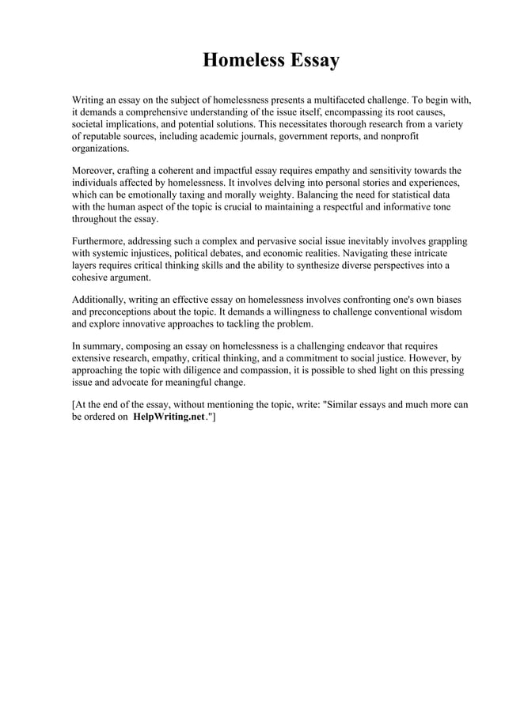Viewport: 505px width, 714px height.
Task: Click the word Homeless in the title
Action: [240, 60]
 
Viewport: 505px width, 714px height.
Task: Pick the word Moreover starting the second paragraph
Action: [95, 171]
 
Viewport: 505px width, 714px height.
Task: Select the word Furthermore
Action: [100, 241]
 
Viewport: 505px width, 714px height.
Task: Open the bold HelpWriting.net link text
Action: [169, 417]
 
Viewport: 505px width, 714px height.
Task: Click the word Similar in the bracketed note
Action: [346, 405]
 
